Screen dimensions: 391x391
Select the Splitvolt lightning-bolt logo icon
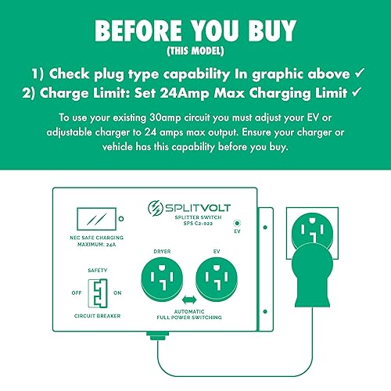[x=156, y=210]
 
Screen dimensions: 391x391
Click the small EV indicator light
[x=237, y=222]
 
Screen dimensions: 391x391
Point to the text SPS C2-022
[x=195, y=224]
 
